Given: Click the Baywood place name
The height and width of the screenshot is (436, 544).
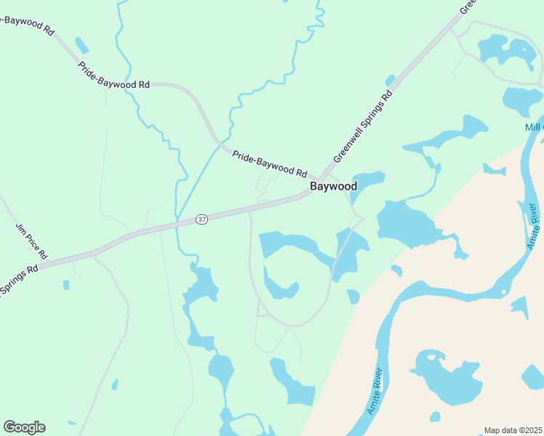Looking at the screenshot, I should point(334,187).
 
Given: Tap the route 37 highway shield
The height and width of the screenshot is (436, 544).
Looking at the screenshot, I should point(202,219).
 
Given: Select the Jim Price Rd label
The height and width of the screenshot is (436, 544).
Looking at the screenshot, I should point(31,241).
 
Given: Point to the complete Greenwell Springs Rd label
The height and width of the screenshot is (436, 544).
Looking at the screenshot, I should point(362,126).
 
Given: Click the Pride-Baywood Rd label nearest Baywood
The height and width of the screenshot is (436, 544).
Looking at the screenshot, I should point(270,163).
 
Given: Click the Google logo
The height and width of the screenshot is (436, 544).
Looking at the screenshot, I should point(24,427).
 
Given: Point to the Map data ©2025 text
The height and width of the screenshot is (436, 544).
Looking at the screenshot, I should point(513,430).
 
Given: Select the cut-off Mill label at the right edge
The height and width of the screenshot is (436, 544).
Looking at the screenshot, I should point(534,128).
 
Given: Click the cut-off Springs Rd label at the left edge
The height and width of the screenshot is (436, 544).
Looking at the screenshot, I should point(18,282).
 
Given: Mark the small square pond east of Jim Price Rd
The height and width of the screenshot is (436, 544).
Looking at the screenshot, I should point(66,285).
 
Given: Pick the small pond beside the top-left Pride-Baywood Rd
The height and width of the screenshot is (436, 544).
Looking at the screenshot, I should point(82,46).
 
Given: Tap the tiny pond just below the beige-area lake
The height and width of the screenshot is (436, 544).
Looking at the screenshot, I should point(435,417).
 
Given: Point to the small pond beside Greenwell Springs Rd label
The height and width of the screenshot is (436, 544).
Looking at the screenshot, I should point(390,80).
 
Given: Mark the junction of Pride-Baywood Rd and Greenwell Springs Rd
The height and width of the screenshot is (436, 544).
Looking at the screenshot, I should point(319,179).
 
